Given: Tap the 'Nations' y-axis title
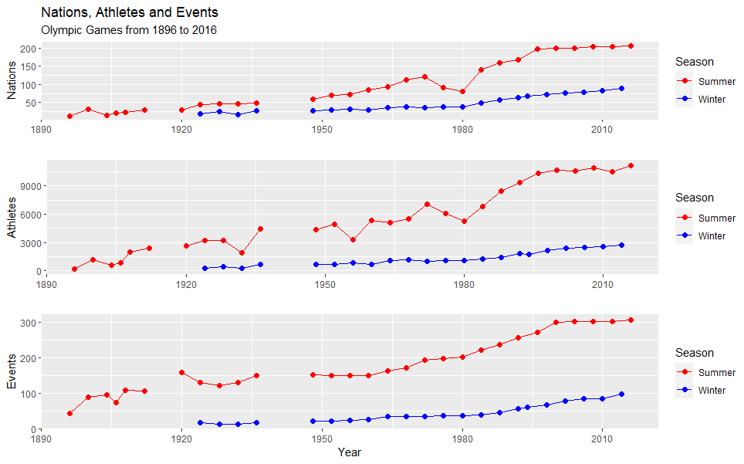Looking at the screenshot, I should click(12, 81).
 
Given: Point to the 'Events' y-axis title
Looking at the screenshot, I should click(12, 371).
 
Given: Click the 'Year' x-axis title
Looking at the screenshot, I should click(349, 452).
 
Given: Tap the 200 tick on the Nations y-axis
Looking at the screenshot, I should click(30, 49).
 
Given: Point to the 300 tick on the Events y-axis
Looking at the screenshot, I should click(30, 322).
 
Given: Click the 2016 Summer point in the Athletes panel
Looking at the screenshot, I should click(631, 166).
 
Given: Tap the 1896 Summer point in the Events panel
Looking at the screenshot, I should click(69, 413).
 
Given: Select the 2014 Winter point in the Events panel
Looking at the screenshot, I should click(621, 395).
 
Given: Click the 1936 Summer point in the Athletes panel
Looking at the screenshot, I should click(261, 229).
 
